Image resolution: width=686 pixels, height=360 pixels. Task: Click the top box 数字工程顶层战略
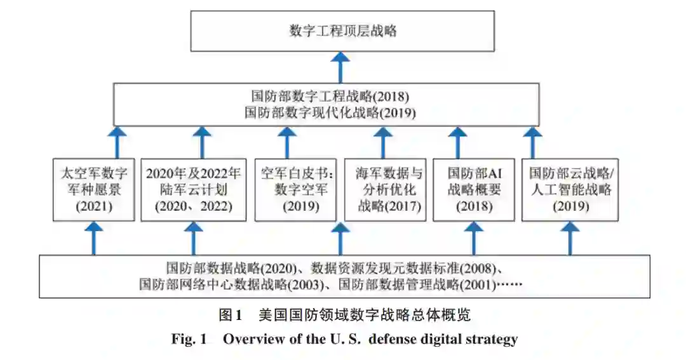click(x=342, y=30)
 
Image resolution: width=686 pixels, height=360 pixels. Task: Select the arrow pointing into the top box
click(x=342, y=67)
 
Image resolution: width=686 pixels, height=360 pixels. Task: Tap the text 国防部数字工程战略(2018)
click(x=329, y=97)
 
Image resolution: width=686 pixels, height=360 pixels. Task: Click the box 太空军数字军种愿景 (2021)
click(x=93, y=189)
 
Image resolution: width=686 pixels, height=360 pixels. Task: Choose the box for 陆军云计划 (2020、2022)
click(x=193, y=189)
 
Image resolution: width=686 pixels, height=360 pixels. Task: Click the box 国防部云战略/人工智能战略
click(x=570, y=189)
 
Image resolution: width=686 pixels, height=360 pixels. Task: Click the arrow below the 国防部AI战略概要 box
click(x=473, y=238)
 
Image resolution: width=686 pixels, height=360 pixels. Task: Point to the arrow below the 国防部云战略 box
click(x=570, y=238)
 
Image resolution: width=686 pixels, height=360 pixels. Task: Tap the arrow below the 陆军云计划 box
click(x=193, y=238)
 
